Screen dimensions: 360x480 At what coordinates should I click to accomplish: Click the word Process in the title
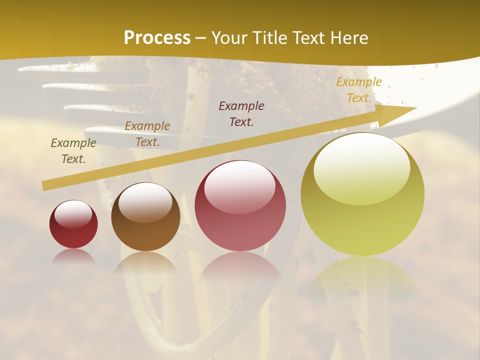tap(157, 38)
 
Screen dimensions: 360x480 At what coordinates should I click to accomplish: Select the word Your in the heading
tap(230, 38)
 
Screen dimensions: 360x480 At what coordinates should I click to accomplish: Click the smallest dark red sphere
tap(73, 225)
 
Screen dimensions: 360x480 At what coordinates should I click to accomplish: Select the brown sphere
tap(145, 217)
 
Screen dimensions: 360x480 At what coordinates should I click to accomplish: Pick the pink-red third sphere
tap(240, 206)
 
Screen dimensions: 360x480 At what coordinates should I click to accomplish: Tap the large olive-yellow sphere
tap(362, 195)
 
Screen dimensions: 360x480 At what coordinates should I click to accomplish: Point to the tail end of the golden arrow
tap(45, 185)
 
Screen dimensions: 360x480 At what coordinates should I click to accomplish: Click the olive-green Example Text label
tap(73, 151)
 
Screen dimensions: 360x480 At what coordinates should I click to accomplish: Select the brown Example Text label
tap(147, 134)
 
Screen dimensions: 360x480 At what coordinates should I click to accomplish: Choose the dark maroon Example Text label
tap(241, 114)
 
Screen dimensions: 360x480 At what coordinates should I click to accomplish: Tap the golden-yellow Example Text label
tap(358, 90)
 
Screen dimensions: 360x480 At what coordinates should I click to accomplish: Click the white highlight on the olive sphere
tap(361, 167)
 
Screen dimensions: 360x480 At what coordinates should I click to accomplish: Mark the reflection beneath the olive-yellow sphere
tap(362, 280)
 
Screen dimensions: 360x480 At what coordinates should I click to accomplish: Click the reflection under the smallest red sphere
tap(73, 256)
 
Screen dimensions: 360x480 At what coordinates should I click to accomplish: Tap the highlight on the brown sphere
tap(145, 201)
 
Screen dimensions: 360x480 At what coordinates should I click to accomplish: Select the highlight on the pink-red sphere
tap(240, 186)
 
